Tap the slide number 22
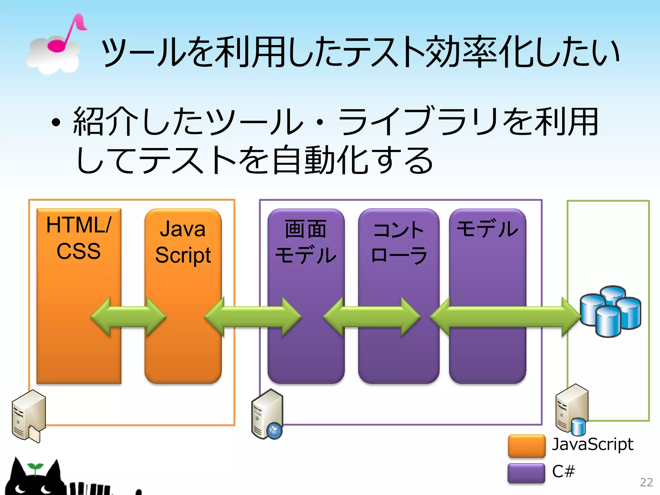(x=646, y=482)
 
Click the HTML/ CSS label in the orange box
(x=79, y=238)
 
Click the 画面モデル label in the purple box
(x=306, y=242)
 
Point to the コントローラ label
(x=399, y=242)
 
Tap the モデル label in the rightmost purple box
(x=487, y=229)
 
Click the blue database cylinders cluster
(x=610, y=311)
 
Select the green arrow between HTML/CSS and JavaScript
(x=128, y=317)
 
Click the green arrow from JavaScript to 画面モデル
(x=253, y=317)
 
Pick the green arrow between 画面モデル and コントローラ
(x=372, y=317)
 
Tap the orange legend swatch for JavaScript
(x=527, y=446)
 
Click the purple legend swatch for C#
(x=526, y=473)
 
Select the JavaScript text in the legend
(x=592, y=444)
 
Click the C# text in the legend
(x=563, y=471)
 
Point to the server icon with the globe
(x=267, y=414)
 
